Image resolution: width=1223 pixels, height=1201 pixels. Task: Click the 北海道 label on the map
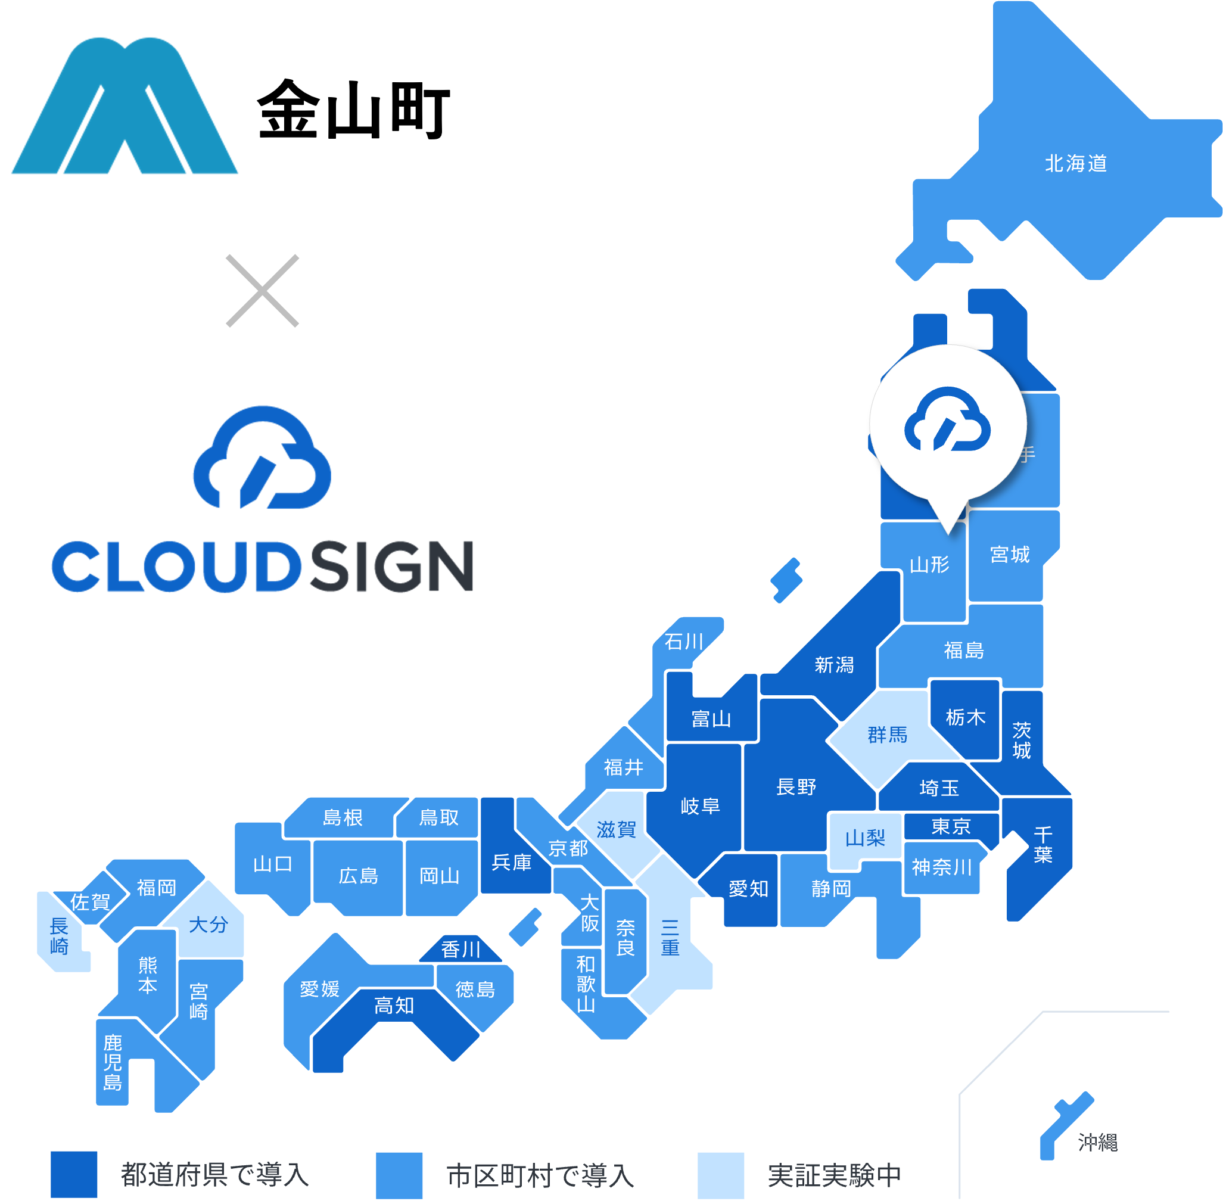coord(1075,164)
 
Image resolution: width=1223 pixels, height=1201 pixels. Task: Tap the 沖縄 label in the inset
coord(1097,1143)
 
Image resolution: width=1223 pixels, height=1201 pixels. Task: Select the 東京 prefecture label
coord(951,826)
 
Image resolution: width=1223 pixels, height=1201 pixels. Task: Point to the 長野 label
coord(796,787)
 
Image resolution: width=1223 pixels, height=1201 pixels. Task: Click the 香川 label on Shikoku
coord(460,950)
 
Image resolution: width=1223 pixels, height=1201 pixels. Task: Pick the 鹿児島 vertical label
coord(112,1063)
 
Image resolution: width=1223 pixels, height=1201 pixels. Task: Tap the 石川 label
coord(684,642)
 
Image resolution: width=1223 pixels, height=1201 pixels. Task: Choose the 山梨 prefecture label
coord(865,838)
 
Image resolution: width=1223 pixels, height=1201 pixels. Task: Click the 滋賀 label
coord(616,829)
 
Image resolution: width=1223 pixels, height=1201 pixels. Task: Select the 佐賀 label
coord(89,902)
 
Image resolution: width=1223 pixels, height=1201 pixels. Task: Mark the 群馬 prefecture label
coord(887,735)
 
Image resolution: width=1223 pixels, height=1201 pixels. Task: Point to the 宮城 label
coord(1010,555)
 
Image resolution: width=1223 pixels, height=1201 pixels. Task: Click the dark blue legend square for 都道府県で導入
coord(74,1175)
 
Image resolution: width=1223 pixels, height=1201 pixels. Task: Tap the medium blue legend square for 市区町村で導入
coord(399,1175)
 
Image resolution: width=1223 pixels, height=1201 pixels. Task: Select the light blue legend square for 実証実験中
coord(721,1175)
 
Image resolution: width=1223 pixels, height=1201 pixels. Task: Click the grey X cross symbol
coord(262,291)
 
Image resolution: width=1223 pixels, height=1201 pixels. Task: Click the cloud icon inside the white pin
coord(947,420)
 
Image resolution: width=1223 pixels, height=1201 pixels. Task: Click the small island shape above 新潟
coord(786,580)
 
